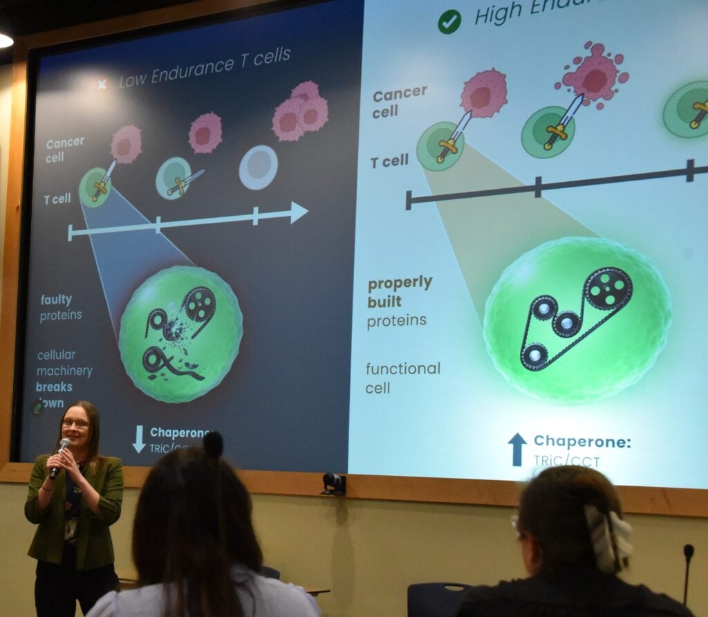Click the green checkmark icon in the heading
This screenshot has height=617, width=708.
pyautogui.click(x=449, y=21)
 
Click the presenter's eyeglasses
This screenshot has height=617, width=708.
pyautogui.click(x=75, y=423)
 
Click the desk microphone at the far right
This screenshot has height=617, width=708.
pyautogui.click(x=688, y=553)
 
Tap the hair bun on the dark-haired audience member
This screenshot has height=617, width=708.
pyautogui.click(x=213, y=445)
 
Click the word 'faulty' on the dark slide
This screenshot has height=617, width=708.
pyautogui.click(x=55, y=300)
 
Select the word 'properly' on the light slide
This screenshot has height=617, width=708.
pyautogui.click(x=400, y=284)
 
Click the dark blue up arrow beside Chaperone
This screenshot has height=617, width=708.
pyautogui.click(x=517, y=449)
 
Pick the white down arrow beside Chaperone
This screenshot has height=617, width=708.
pyautogui.click(x=139, y=439)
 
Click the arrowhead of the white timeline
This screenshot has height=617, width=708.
pyautogui.click(x=299, y=212)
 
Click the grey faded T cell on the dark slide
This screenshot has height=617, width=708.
pyautogui.click(x=259, y=167)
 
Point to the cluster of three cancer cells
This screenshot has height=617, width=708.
pyautogui.click(x=301, y=111)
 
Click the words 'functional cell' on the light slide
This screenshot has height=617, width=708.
pyautogui.click(x=402, y=378)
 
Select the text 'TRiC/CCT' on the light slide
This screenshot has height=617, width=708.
pyautogui.click(x=567, y=461)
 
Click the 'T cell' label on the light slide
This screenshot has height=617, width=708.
pyautogui.click(x=389, y=162)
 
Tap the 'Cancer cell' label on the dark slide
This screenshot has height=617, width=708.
pyautogui.click(x=65, y=149)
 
